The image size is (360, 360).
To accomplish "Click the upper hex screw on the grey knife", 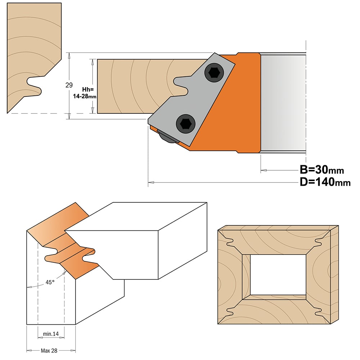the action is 214,73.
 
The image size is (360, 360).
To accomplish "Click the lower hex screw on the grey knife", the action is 185,124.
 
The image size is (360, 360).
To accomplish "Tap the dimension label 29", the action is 69,85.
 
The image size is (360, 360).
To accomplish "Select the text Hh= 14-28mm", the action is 85,93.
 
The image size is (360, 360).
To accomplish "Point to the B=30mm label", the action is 322,170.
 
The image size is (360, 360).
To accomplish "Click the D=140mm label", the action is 325,182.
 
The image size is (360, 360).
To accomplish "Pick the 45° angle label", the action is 50,282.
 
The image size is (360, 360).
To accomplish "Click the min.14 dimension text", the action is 51,334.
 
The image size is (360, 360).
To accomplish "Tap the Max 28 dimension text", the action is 49,351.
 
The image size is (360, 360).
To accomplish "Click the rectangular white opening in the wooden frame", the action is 278,275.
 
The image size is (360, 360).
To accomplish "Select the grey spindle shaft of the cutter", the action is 283,103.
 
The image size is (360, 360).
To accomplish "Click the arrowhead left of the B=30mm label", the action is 264,170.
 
